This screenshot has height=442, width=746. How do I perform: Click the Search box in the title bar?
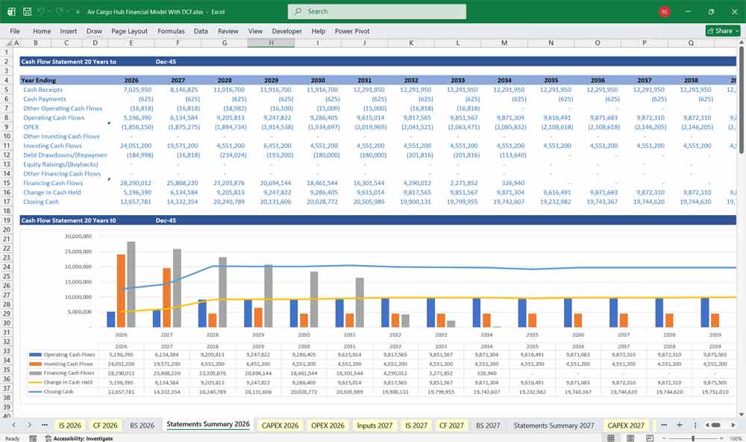tap(377, 11)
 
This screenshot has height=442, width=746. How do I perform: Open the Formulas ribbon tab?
tap(171, 31)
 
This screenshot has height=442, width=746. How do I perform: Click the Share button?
tap(723, 31)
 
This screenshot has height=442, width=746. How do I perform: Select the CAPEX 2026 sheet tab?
tap(280, 425)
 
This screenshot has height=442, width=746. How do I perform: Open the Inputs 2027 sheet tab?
tap(374, 425)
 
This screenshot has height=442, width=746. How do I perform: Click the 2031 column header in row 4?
tap(364, 80)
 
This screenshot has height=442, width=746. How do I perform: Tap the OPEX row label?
tap(31, 127)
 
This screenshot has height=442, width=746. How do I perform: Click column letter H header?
tap(271, 43)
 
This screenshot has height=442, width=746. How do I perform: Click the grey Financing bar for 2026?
tap(131, 284)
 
